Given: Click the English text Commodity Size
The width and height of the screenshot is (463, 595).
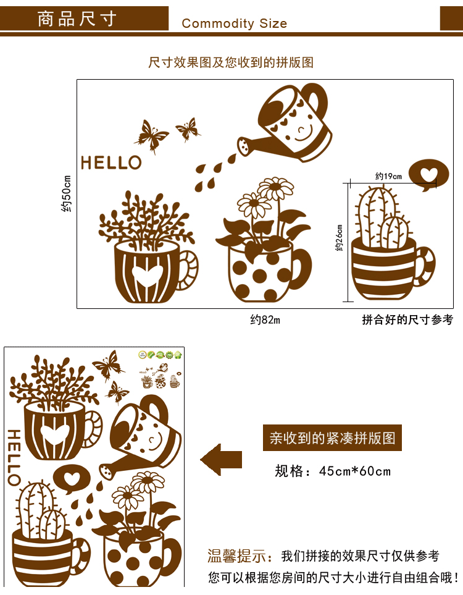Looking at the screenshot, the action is point(235,23).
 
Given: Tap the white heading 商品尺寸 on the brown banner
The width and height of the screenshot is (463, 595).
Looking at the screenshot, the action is point(76,19).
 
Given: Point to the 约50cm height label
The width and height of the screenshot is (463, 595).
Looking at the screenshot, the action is point(66,193).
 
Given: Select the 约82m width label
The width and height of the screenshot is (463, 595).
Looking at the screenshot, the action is point(265,320).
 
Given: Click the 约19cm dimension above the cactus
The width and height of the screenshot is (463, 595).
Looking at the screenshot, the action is point(388,177).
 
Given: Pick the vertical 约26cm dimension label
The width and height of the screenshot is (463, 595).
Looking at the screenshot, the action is point(339,238).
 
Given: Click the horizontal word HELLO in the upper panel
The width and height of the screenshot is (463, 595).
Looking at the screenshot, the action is point(111,162).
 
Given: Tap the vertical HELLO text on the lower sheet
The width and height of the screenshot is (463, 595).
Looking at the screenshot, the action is point(14,457).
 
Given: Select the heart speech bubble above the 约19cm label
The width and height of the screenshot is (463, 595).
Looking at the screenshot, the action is point(428,175).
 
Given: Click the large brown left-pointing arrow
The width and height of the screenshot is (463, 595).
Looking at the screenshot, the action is point(221,460).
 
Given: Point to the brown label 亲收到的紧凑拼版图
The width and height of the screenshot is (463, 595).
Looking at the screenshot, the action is point(332,438).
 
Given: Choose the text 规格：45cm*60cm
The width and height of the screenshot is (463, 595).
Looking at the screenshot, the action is point(333,471).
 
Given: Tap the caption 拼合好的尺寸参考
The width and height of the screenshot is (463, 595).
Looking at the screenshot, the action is point(407,320).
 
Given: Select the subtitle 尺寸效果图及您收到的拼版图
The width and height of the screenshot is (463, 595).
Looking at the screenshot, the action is point(231,62).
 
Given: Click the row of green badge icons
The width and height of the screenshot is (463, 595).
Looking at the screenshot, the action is point(161,355).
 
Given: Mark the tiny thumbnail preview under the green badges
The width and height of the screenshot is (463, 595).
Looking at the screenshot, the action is point(161,376).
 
